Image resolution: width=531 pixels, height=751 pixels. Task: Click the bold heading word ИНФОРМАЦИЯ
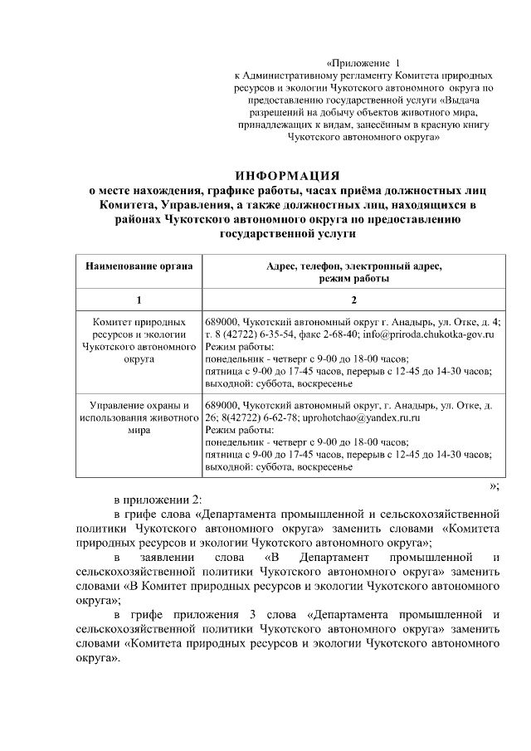[287, 175]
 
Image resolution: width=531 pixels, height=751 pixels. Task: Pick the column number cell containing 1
[139, 299]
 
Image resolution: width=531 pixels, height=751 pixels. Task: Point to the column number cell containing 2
[353, 299]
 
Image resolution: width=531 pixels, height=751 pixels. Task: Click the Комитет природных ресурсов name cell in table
[139, 340]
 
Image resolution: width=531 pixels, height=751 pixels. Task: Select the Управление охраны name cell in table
[139, 418]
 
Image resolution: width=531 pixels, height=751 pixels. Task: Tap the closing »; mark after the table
[494, 485]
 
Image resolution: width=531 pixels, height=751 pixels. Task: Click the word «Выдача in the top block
[474, 97]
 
